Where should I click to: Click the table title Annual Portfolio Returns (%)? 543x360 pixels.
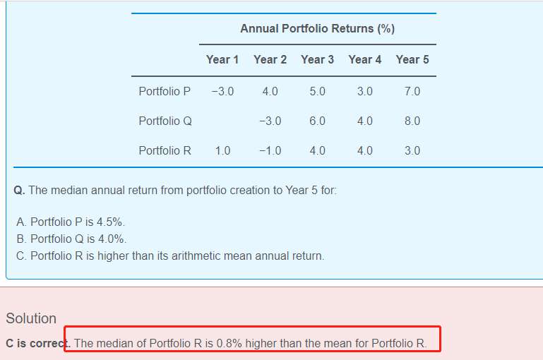(x=317, y=29)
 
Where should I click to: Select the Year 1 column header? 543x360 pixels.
(x=222, y=60)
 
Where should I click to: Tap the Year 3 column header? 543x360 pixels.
(x=317, y=60)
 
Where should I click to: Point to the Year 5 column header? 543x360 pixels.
(x=412, y=60)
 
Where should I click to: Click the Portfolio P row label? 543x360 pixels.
(x=165, y=92)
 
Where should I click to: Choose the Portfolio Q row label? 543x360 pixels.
(x=165, y=121)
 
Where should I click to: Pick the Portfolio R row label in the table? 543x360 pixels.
(x=165, y=151)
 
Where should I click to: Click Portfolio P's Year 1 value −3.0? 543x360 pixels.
(x=222, y=92)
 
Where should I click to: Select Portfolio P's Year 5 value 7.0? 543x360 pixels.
(x=412, y=92)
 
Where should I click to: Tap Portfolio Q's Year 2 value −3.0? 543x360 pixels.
(x=270, y=121)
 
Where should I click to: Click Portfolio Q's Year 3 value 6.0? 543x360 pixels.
(x=317, y=121)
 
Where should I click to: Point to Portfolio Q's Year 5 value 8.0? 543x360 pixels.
(x=412, y=121)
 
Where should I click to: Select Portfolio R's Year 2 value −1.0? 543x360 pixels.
(x=270, y=151)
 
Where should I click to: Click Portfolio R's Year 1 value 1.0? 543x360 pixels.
(x=222, y=151)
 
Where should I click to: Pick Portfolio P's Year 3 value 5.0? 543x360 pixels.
(x=317, y=92)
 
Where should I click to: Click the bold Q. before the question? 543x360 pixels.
(x=19, y=191)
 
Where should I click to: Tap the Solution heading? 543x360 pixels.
(x=31, y=318)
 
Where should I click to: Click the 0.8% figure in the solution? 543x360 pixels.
(x=229, y=344)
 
